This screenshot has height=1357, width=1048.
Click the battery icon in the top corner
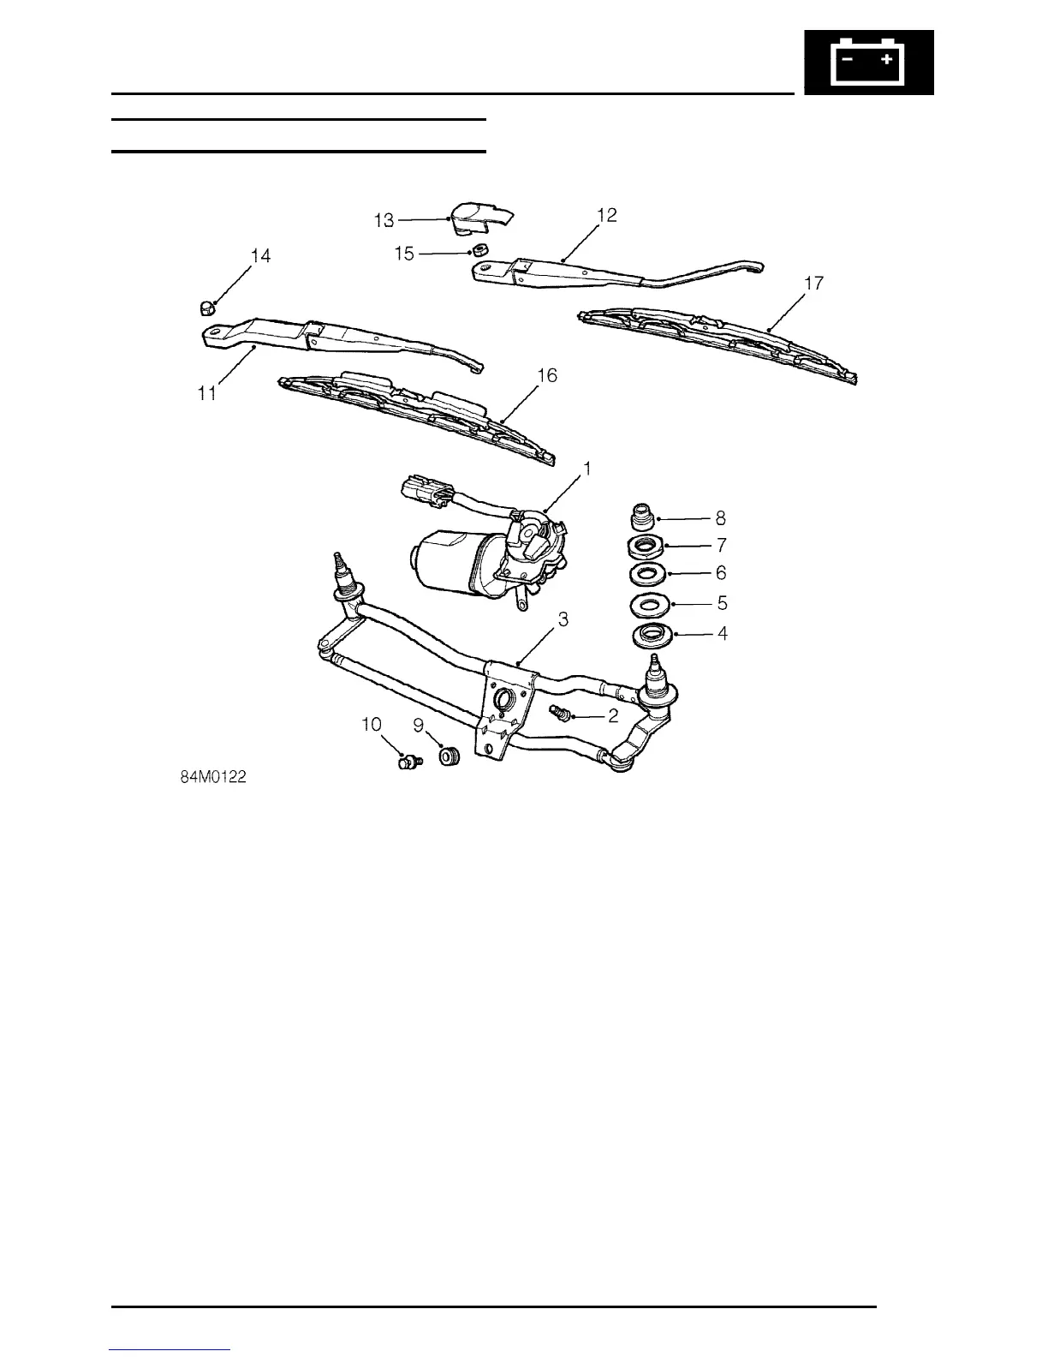pyautogui.click(x=868, y=62)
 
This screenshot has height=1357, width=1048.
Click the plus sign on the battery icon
pyautogui.click(x=888, y=59)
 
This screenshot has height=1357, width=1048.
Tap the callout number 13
pyautogui.click(x=384, y=221)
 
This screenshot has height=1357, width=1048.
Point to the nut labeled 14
pyautogui.click(x=205, y=307)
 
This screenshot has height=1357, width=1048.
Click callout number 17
pyautogui.click(x=813, y=283)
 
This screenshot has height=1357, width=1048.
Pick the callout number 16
pyautogui.click(x=546, y=375)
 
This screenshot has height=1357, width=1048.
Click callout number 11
pyautogui.click(x=207, y=395)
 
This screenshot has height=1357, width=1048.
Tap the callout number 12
pyautogui.click(x=606, y=215)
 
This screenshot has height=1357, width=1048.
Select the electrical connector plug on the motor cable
pyautogui.click(x=426, y=494)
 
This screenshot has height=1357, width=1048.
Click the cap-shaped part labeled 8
pyautogui.click(x=642, y=518)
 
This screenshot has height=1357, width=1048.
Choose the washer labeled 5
pyautogui.click(x=650, y=604)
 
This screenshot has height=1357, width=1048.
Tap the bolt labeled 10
pyautogui.click(x=407, y=760)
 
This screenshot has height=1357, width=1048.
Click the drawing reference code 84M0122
pyautogui.click(x=214, y=778)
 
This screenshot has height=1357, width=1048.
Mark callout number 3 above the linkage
pyautogui.click(x=563, y=619)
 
